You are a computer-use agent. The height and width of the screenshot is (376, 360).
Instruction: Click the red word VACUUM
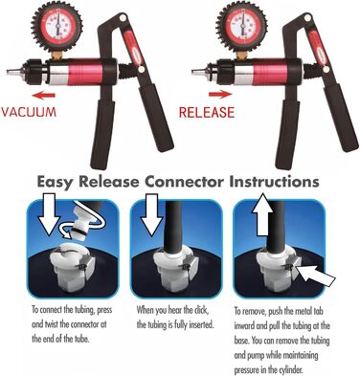29,112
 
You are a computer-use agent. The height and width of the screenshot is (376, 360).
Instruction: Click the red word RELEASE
207,112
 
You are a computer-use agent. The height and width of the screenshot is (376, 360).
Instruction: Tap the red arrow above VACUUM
44,95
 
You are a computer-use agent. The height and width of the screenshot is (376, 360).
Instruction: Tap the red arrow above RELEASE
220,94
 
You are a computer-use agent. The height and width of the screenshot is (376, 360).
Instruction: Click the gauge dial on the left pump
56,26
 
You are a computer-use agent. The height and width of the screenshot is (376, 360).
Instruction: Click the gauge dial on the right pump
241,26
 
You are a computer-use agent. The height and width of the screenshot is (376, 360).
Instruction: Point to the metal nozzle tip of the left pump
12,72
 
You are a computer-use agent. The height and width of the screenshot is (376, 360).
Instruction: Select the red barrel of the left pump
85,72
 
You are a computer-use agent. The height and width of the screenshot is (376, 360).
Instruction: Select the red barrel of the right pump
270,72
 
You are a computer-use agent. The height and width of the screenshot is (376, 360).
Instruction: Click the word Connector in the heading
184,182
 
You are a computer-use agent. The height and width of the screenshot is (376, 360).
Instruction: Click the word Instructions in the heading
274,182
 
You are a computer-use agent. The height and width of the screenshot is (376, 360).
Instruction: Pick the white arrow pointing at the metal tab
317,275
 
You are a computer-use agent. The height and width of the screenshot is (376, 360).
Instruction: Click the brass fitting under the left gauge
57,55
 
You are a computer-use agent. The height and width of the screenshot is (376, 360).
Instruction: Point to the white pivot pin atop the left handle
123,18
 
